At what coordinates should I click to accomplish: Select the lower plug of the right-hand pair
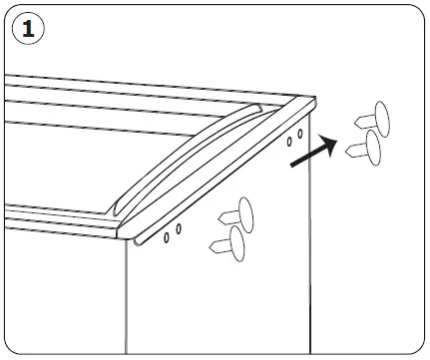[x=365, y=150]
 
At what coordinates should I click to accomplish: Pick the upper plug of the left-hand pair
[x=235, y=213]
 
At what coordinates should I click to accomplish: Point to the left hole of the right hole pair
[x=289, y=141]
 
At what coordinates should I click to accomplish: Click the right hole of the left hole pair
[x=179, y=228]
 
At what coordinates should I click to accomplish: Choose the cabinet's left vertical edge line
[x=126, y=299]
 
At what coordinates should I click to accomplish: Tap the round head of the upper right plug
[x=380, y=119]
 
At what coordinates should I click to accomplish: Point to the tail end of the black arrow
[x=292, y=165]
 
